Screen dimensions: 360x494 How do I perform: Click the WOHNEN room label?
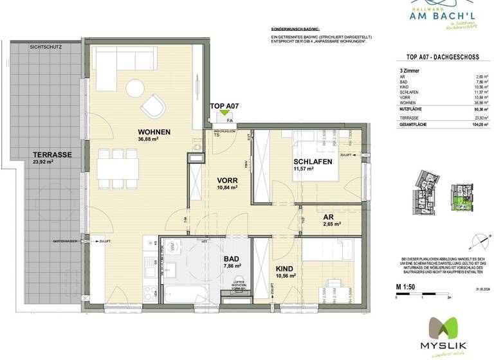[x=153, y=132]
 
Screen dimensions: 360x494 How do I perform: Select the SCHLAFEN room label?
[x=313, y=162]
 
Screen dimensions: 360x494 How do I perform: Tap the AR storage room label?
[x=328, y=217]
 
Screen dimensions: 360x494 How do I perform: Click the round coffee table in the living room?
[x=135, y=87]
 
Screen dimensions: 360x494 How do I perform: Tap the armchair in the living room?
[x=154, y=104]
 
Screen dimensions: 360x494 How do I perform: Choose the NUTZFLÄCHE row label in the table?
[x=413, y=110]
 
